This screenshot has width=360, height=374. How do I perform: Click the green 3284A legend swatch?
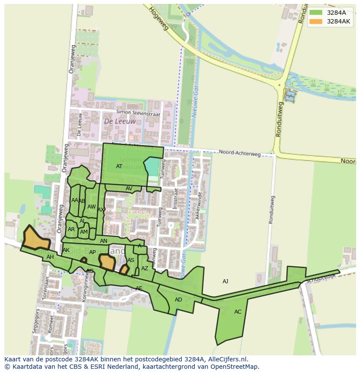(x=316, y=13)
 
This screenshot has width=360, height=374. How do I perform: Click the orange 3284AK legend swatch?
(x=316, y=21)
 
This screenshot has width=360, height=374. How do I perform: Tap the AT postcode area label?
(x=119, y=166)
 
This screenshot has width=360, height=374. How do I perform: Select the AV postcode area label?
(x=129, y=188)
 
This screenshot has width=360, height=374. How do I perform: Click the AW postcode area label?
(x=91, y=207)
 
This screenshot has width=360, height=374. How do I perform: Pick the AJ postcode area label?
(x=225, y=281)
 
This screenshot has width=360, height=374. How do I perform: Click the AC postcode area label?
(x=238, y=311)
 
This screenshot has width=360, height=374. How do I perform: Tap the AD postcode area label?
(x=178, y=299)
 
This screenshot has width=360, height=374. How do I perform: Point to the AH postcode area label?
(x=50, y=257)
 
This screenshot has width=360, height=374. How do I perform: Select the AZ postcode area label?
(x=145, y=268)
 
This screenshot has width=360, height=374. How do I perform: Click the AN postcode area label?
(x=103, y=241)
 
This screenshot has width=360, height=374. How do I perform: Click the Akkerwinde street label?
(x=200, y=205)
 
